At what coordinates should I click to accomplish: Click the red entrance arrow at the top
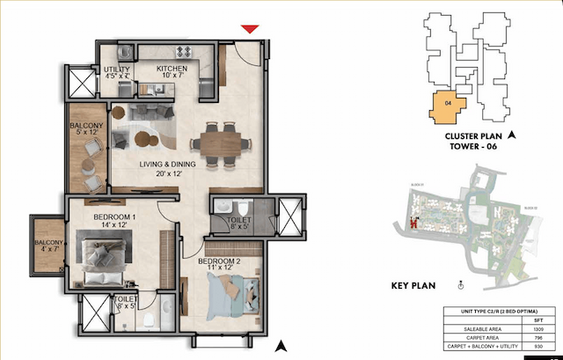(250, 31)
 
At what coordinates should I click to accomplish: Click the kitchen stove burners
(185, 51)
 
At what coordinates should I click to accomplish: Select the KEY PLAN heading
(413, 285)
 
